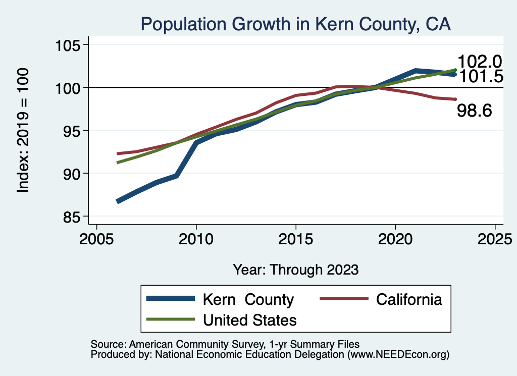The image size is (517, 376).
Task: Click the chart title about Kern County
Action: pyautogui.click(x=295, y=24)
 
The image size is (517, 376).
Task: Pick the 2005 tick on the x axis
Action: pyautogui.click(x=96, y=239)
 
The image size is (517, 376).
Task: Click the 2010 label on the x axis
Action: pyautogui.click(x=196, y=239)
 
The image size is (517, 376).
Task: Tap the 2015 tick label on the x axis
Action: pyautogui.click(x=295, y=239)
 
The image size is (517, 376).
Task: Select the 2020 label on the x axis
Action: pyautogui.click(x=395, y=239)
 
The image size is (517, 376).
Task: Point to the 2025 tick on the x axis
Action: pyautogui.click(x=495, y=239)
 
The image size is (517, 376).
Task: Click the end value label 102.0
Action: pyautogui.click(x=480, y=62)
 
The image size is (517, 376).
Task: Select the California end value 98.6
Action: pyautogui.click(x=475, y=111)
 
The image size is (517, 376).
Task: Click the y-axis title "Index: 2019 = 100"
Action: pyautogui.click(x=23, y=130)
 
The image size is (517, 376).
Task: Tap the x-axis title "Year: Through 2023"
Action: pyautogui.click(x=295, y=270)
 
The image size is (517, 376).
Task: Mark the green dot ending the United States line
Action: pyautogui.click(x=455, y=70)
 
